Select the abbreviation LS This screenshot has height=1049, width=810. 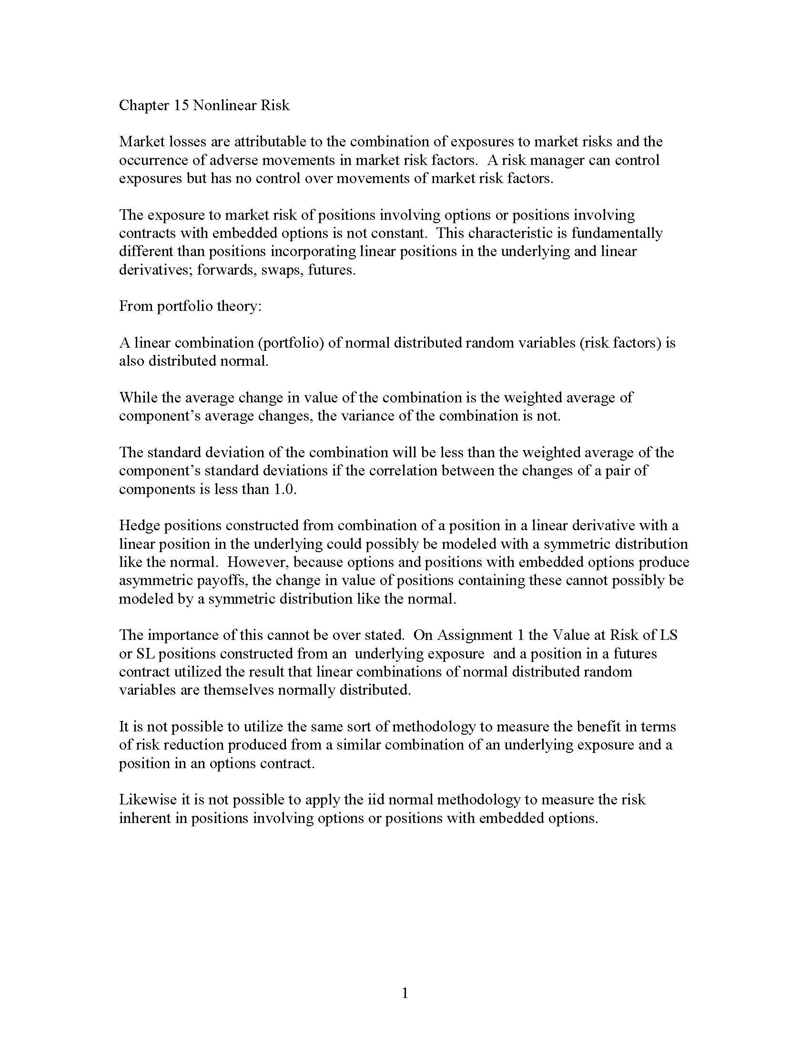pos(668,636)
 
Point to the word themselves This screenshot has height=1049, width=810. pos(239,690)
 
